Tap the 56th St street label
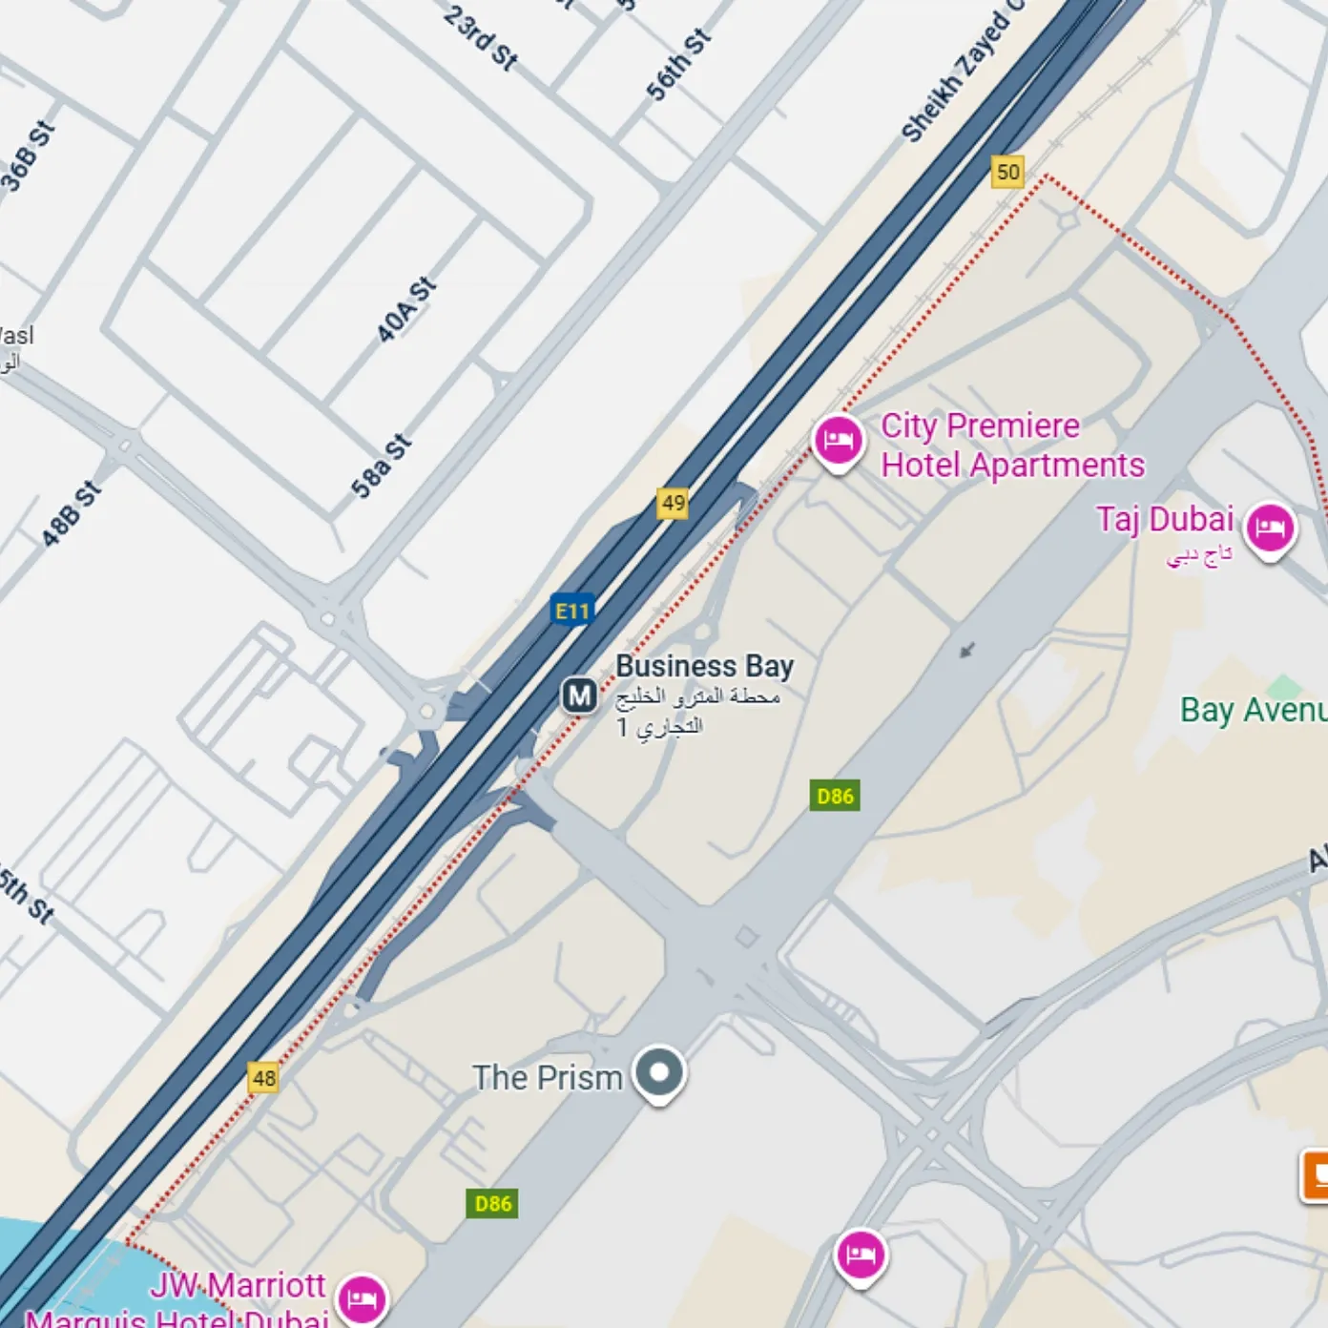click(x=678, y=65)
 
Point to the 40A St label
click(x=406, y=310)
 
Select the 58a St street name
click(x=382, y=467)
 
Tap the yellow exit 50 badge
click(x=1007, y=172)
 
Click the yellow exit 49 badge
click(x=673, y=503)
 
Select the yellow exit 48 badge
click(x=263, y=1078)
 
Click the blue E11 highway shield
click(x=572, y=611)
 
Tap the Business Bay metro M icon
click(x=579, y=695)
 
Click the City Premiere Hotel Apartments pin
click(x=838, y=441)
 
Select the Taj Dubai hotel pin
click(x=1270, y=528)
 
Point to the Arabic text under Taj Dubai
click(x=1199, y=555)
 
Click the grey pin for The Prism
click(x=659, y=1072)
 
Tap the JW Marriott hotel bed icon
click(x=362, y=1298)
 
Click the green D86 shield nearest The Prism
click(x=492, y=1203)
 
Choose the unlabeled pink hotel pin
click(x=861, y=1255)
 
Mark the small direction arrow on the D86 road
click(x=967, y=651)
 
